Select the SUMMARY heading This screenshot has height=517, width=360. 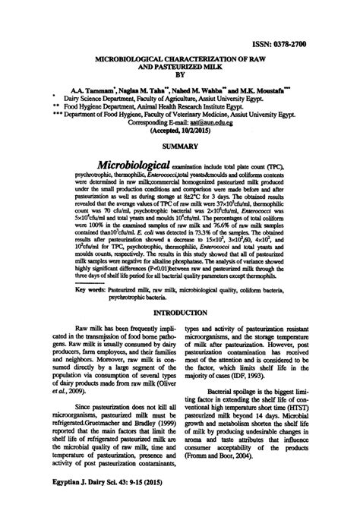coord(179,146)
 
